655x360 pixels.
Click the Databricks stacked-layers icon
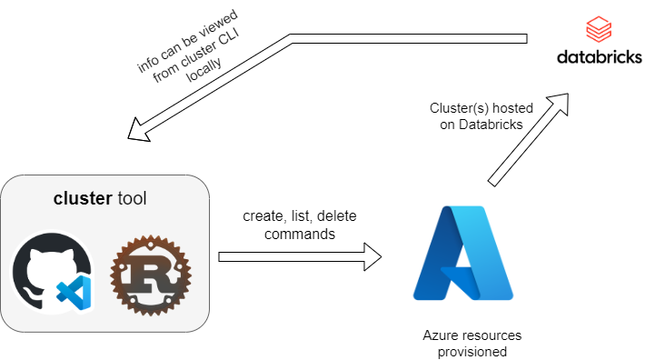tap(600, 30)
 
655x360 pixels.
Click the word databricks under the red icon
tap(599, 58)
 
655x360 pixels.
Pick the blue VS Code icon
tap(74, 295)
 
